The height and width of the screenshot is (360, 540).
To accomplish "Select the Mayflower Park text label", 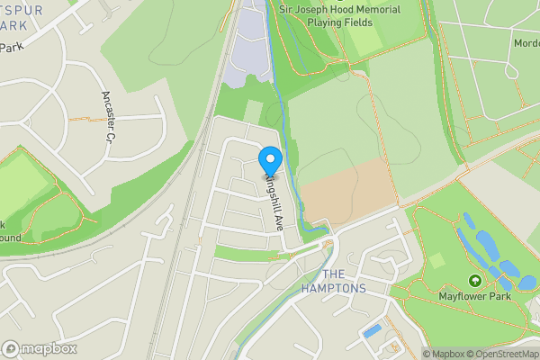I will point(474,294).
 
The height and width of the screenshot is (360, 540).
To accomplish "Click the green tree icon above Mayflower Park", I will point(474,280).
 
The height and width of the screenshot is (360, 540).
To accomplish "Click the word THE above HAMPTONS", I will point(333,274).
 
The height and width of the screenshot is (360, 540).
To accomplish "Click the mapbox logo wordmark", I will point(49,348).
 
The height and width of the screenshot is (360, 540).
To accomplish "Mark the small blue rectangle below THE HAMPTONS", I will point(371,331).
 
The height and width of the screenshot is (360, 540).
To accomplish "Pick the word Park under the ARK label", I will point(12,48).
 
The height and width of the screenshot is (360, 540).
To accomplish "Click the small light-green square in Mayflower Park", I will point(436,261).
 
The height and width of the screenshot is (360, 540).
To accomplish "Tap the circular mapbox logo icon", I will point(11,348).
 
